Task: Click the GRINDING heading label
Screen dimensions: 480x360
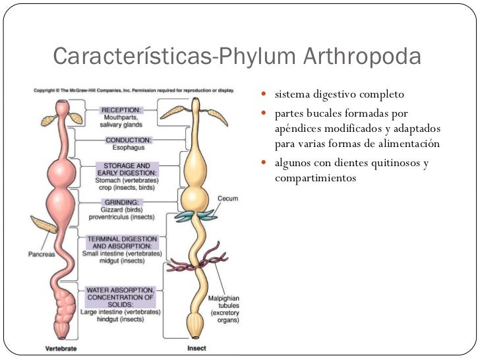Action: [120, 202]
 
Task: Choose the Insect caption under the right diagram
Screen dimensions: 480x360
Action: [197, 347]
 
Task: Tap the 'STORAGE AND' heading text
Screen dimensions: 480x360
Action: [125, 165]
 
